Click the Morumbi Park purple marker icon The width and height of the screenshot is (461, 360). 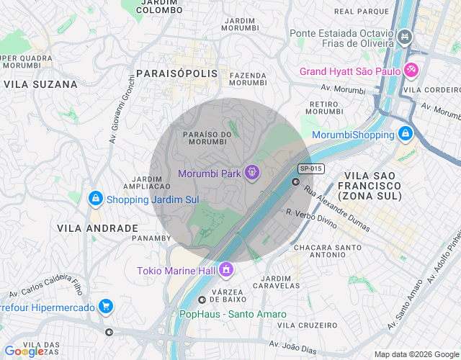251,174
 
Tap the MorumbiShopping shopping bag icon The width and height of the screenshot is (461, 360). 406,134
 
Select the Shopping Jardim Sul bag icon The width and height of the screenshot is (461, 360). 94,199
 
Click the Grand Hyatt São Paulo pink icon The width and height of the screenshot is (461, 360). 411,71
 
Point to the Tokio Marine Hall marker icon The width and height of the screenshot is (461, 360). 225,270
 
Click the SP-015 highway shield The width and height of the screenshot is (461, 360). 310,168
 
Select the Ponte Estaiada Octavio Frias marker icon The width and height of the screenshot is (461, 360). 405,35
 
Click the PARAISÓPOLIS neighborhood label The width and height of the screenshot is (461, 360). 176,74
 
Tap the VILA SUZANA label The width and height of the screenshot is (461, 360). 40,84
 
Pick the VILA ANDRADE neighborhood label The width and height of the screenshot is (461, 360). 97,228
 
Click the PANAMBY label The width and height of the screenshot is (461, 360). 151,237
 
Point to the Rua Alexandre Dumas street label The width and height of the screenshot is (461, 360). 336,210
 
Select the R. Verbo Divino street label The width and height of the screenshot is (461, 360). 311,219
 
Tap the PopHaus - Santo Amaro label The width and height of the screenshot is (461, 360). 232,314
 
